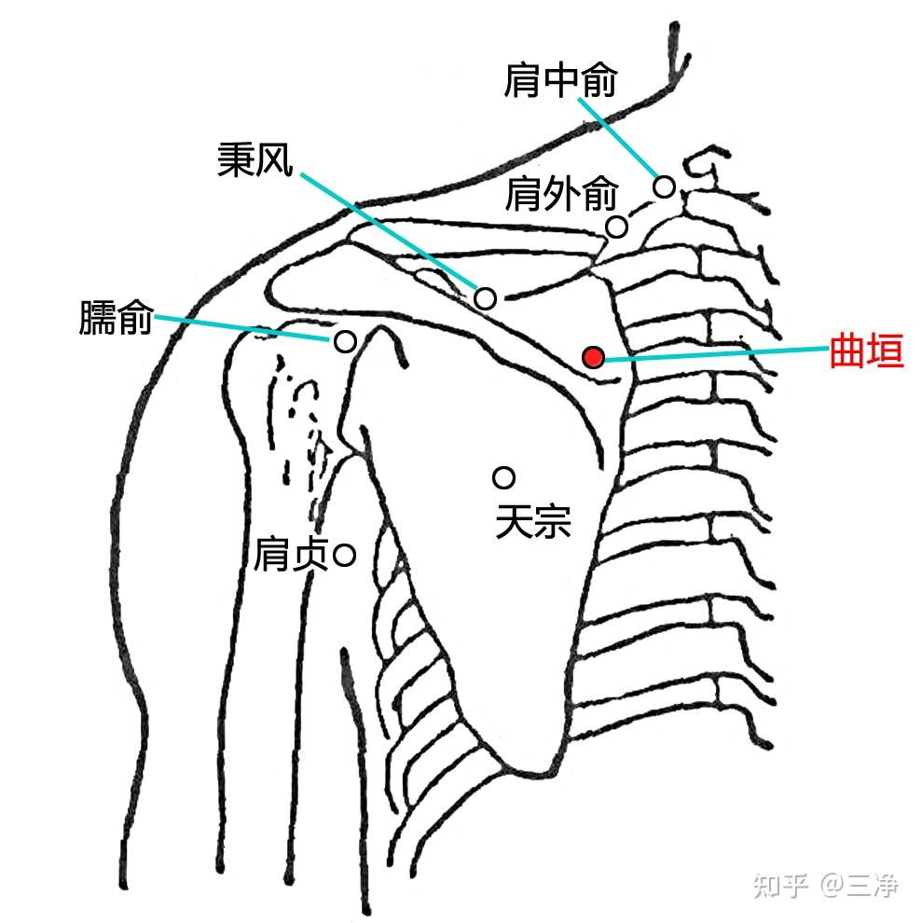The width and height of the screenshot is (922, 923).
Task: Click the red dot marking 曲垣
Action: click(593, 356)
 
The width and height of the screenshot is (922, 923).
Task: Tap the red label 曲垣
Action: click(867, 353)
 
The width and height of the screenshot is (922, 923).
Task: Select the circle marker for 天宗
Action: click(504, 477)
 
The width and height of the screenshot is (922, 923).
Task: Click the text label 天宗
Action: click(532, 521)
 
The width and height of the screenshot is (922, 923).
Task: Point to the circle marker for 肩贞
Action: click(344, 556)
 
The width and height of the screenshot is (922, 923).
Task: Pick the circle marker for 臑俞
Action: click(344, 341)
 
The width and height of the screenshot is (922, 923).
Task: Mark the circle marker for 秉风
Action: click(486, 298)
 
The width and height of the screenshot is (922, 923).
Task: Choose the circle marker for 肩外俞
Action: click(616, 227)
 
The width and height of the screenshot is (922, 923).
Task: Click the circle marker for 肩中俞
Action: click(664, 186)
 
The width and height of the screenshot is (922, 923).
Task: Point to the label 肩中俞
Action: click(559, 81)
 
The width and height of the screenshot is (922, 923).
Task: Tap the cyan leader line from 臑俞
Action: click(242, 327)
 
